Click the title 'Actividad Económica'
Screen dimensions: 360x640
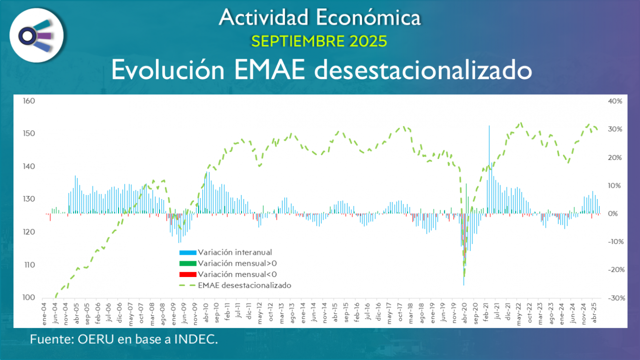pos(320,17)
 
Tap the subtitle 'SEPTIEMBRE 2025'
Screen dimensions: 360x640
pos(319,41)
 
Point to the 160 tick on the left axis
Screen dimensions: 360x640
pos(28,101)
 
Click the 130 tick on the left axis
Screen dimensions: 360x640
pos(28,199)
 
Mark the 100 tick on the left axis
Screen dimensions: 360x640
pos(28,297)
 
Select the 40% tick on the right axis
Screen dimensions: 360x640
pos(615,101)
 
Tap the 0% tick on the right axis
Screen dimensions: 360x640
pos(613,214)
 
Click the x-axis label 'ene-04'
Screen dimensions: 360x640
pos(44,313)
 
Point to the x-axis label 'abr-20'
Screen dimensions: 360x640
pos(464,313)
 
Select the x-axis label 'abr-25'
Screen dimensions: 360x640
pos(595,313)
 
